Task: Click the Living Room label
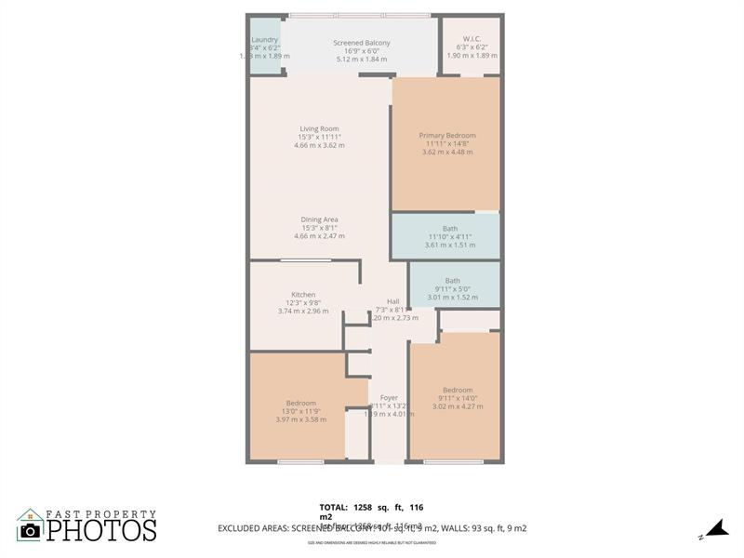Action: click(319, 128)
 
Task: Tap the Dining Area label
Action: click(319, 219)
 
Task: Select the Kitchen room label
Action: click(303, 295)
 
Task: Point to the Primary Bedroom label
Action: click(447, 136)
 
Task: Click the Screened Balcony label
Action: click(362, 44)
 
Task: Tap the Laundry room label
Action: click(265, 40)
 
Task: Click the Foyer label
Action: click(389, 397)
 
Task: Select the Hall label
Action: click(393, 301)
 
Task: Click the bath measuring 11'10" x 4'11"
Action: click(450, 229)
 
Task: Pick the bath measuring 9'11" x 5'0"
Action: click(452, 281)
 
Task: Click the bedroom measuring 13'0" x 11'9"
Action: click(301, 403)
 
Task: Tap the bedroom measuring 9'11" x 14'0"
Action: click(458, 390)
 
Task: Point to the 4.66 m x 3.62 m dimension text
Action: click(319, 145)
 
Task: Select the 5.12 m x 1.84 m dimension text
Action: click(362, 60)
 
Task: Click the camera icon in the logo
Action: click(31, 529)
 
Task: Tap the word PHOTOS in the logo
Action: click(101, 530)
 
